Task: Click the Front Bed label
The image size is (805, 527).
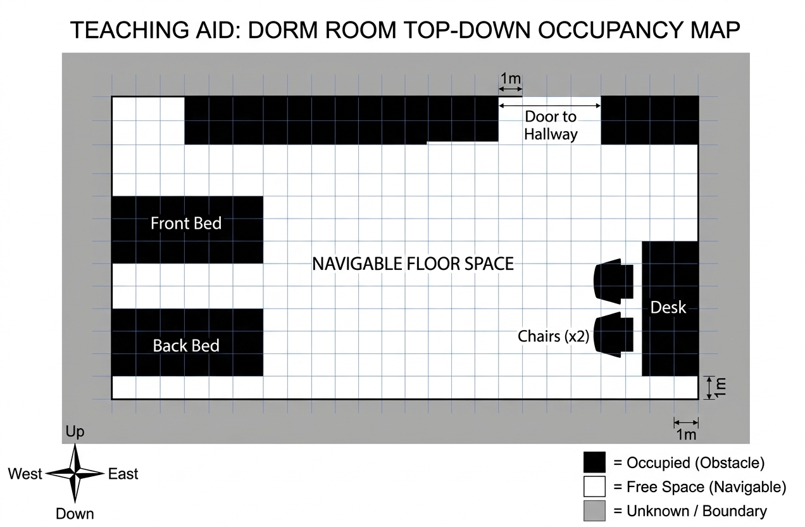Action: tap(186, 223)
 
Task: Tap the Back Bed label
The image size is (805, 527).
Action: tap(186, 346)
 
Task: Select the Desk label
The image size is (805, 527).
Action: tap(668, 307)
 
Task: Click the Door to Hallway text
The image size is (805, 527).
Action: tap(551, 125)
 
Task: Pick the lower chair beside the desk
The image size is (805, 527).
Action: tap(613, 334)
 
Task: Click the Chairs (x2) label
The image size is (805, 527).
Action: tap(553, 336)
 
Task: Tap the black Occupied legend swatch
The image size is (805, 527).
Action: tap(594, 462)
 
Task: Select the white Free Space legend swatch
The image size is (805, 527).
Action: tap(594, 486)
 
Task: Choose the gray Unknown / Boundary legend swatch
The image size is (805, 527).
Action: tap(594, 511)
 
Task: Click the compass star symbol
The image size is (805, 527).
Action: tap(75, 473)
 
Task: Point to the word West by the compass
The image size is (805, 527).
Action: tap(25, 474)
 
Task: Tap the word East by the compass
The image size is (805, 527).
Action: tap(123, 474)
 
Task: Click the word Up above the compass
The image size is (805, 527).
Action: tap(75, 431)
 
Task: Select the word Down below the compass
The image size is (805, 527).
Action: tap(75, 514)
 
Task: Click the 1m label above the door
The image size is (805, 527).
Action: tap(510, 78)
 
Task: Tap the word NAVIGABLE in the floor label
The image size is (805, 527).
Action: tap(357, 263)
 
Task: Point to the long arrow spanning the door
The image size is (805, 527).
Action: tap(550, 105)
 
